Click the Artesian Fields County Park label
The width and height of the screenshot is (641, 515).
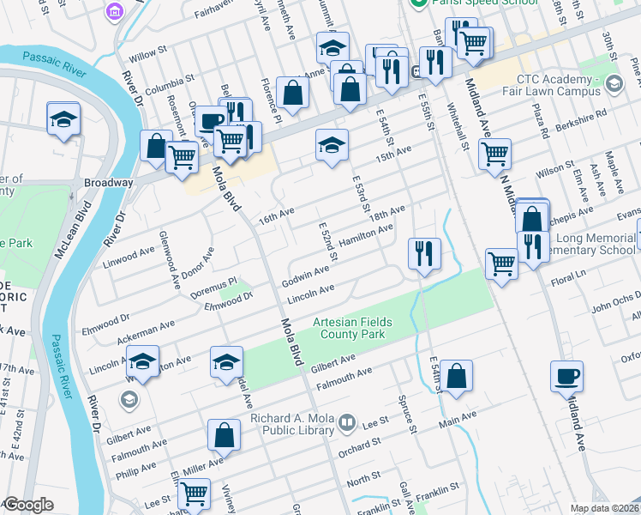click(352, 328)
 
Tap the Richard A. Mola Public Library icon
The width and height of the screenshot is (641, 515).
click(346, 421)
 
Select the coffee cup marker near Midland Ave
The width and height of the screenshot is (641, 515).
click(566, 376)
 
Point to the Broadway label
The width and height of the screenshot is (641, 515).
click(108, 183)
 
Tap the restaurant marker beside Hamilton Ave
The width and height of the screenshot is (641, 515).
click(424, 253)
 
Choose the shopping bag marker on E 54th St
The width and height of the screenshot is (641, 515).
click(458, 376)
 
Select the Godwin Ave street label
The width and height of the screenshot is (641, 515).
click(305, 276)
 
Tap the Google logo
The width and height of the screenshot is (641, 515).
click(27, 505)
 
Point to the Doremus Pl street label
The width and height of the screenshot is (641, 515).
click(213, 282)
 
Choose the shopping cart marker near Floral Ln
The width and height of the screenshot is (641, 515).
click(501, 264)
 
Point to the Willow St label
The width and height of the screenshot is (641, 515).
click(147, 55)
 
